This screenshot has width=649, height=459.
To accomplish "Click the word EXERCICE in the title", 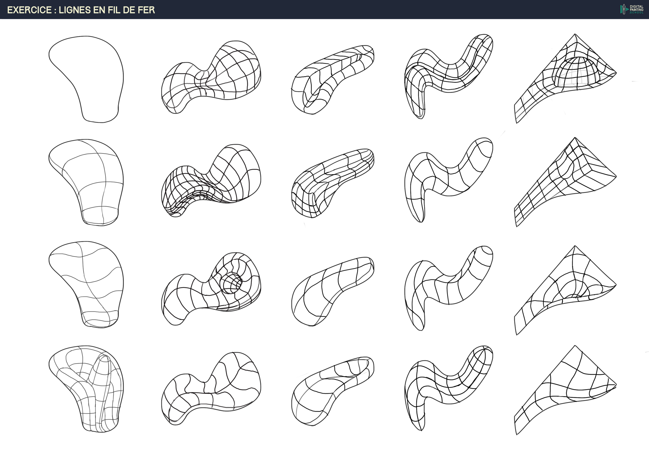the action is [29, 10].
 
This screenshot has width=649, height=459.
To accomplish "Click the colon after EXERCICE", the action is [55, 10].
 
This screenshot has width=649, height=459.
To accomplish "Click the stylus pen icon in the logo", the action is [623, 9].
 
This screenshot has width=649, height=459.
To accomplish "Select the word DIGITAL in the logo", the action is [637, 6].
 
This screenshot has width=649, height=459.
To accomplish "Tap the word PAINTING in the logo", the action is [637, 10].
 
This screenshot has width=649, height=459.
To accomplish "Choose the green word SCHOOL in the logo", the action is [637, 12].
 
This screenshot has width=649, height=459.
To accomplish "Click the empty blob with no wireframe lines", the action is [86, 79].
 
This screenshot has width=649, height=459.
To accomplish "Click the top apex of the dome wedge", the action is [575, 35].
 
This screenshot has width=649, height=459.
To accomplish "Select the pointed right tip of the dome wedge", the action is [616, 73].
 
